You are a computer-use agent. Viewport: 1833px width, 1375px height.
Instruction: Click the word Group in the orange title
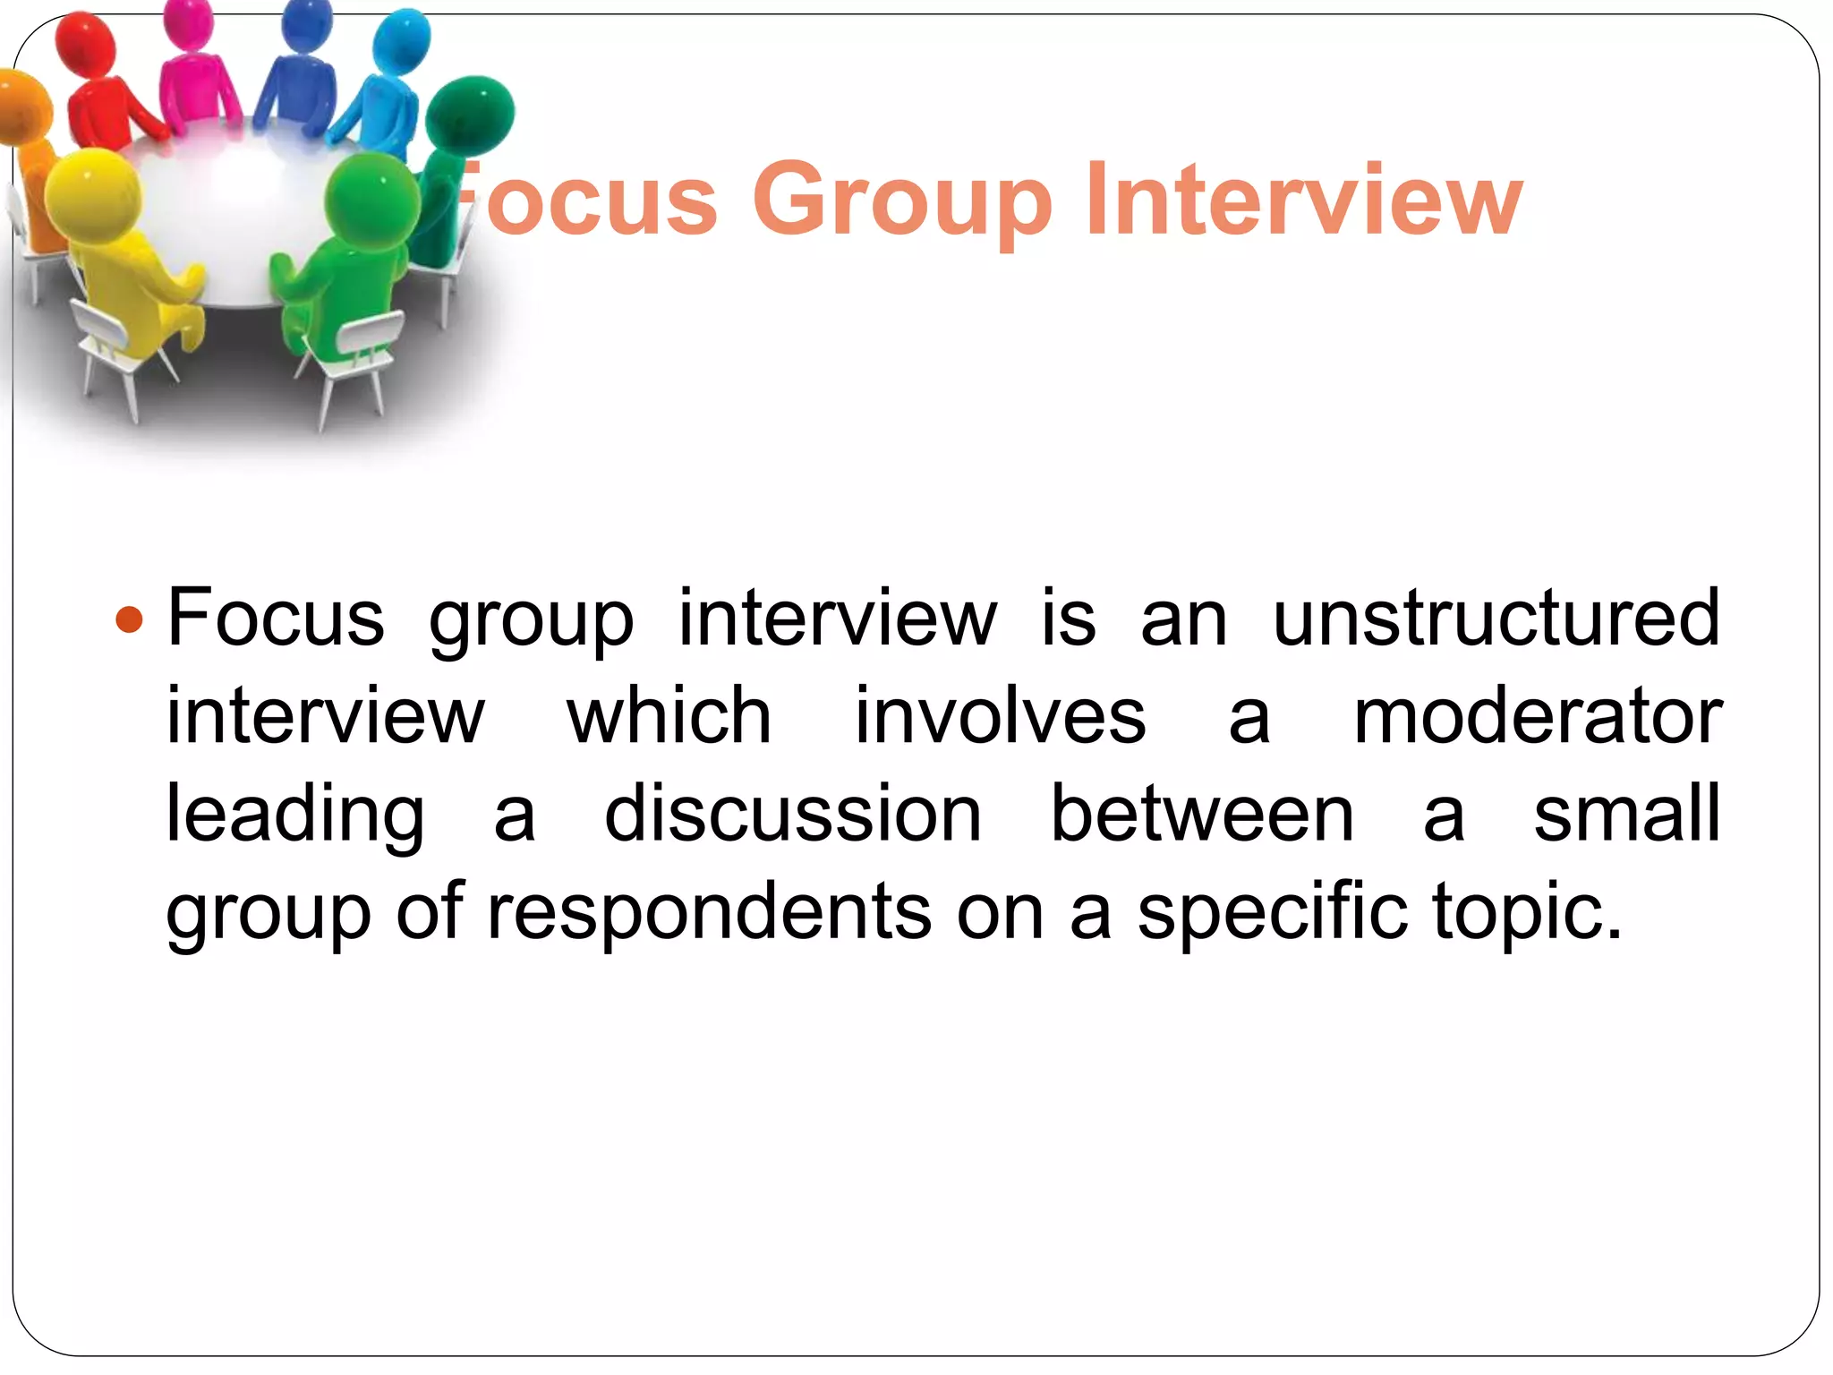[902, 201]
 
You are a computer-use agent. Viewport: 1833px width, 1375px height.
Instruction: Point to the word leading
[296, 816]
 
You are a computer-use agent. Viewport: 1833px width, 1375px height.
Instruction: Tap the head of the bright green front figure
[371, 199]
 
